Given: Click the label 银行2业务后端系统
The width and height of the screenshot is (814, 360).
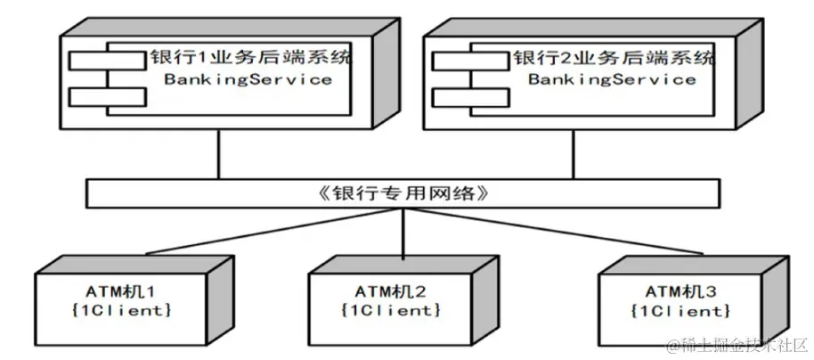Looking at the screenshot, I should (x=614, y=59).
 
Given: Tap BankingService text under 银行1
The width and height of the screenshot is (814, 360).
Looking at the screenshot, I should (x=248, y=79).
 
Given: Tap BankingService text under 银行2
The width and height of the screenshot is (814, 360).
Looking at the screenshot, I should (x=612, y=79).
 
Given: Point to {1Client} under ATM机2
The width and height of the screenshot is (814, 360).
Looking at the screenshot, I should (x=391, y=310).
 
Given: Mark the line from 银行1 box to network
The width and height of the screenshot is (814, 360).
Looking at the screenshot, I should (x=217, y=156).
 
